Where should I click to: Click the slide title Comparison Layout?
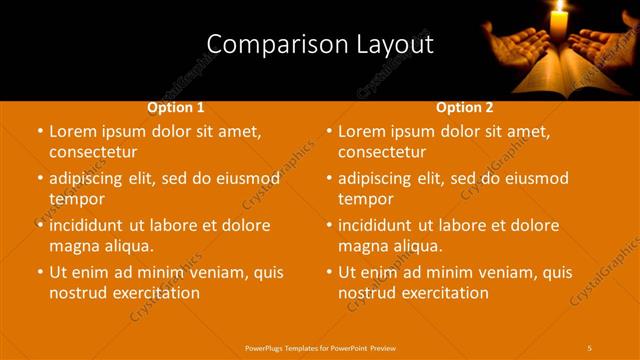point(320,44)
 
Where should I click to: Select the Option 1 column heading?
point(176,107)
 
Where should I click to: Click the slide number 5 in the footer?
point(590,346)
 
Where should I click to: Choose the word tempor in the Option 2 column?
point(366,198)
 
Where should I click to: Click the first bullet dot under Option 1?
point(38,132)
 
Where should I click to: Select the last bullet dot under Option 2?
point(328,272)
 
